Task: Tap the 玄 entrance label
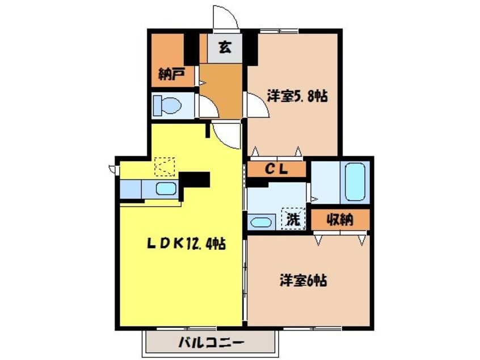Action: tap(226, 47)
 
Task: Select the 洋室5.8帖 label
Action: tap(297, 97)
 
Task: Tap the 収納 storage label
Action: tap(340, 220)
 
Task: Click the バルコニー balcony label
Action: tap(211, 343)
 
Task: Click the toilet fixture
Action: tap(168, 105)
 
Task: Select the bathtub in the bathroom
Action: tap(355, 182)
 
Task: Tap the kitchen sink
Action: tap(166, 189)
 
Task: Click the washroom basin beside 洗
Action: tap(260, 222)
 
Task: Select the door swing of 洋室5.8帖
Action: tap(258, 105)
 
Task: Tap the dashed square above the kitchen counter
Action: tap(166, 166)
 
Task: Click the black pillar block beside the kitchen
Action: tap(195, 181)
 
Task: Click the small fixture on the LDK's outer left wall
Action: tap(112, 168)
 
